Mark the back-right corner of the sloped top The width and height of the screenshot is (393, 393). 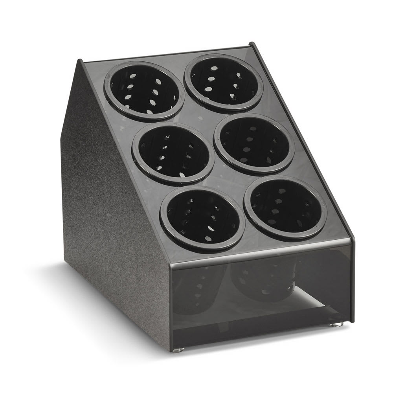[x=252, y=44]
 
